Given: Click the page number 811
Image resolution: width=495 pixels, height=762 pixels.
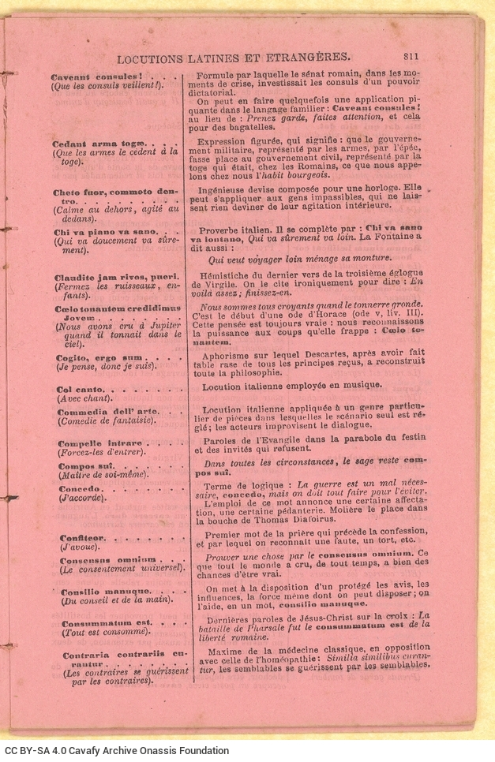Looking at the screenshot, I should [411, 56].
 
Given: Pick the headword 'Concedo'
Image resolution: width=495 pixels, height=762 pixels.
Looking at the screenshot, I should [76, 489].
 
